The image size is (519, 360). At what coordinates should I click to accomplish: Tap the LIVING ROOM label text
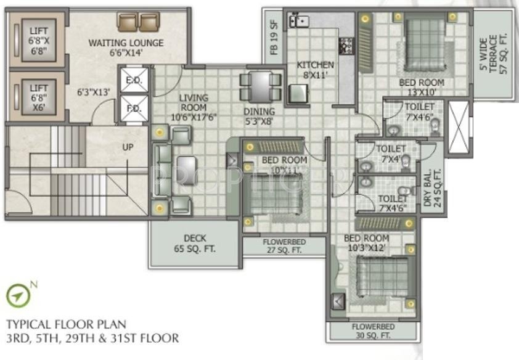pyautogui.click(x=194, y=102)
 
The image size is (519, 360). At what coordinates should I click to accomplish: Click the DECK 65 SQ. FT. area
pyautogui.click(x=194, y=243)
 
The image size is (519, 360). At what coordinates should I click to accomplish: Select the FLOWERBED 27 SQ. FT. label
pyautogui.click(x=282, y=246)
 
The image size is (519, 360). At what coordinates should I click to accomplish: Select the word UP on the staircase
pyautogui.click(x=128, y=147)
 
